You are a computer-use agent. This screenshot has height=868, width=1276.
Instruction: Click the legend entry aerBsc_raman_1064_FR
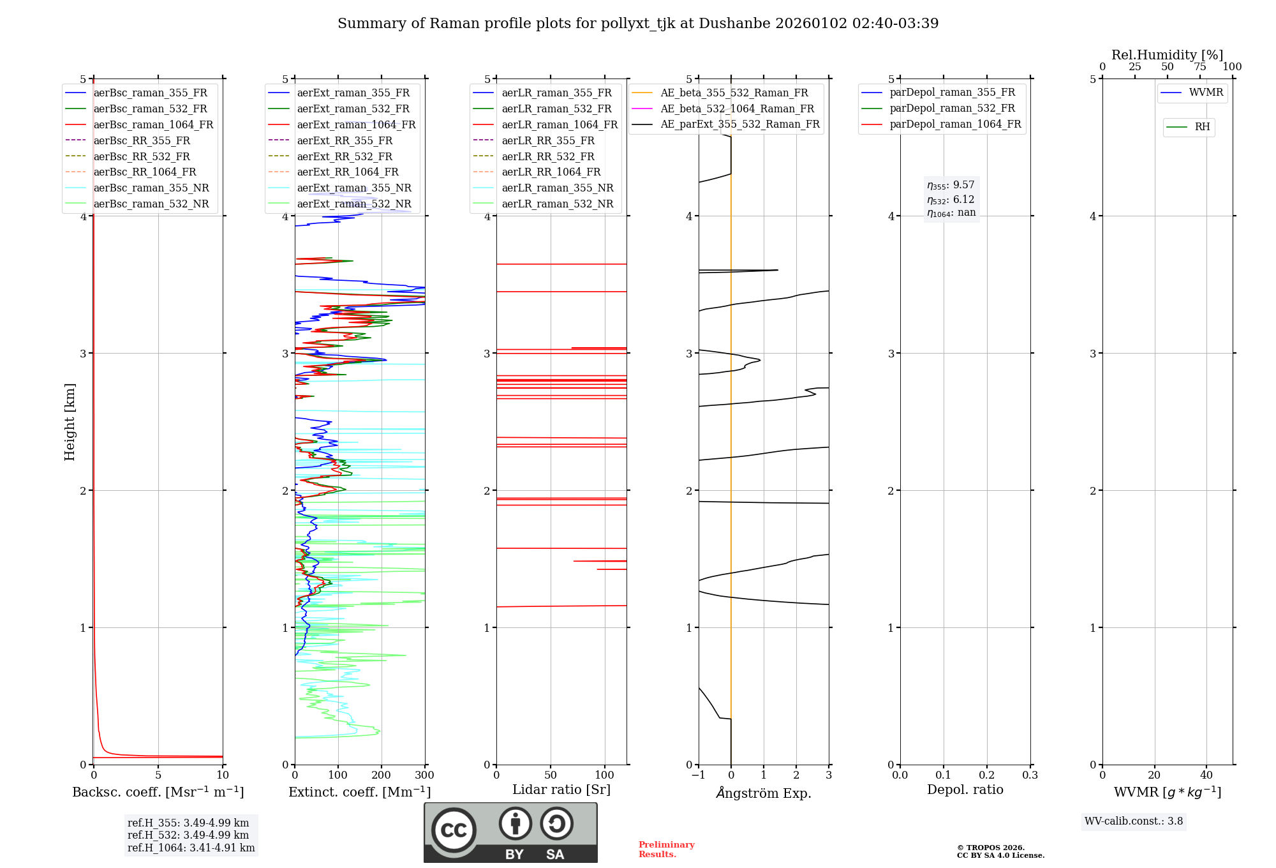click(x=153, y=124)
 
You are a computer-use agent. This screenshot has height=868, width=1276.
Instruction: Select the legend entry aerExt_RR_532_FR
click(x=345, y=156)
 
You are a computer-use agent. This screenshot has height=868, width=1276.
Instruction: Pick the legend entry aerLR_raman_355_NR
click(x=557, y=188)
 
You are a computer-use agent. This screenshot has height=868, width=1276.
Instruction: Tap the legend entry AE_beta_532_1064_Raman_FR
click(x=737, y=108)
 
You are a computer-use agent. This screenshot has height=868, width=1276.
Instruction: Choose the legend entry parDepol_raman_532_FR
click(x=952, y=108)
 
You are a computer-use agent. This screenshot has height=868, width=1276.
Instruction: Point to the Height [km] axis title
click(x=70, y=422)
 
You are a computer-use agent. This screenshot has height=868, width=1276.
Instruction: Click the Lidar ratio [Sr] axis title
click(x=561, y=789)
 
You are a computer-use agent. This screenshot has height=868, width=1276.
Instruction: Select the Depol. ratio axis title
click(x=965, y=789)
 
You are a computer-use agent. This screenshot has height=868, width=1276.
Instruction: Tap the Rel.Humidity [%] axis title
click(x=1167, y=55)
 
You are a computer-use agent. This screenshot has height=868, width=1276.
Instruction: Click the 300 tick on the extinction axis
click(x=424, y=775)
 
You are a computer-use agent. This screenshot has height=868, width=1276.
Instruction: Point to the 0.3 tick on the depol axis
click(x=1030, y=775)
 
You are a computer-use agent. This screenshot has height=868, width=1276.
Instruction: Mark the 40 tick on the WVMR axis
click(x=1206, y=775)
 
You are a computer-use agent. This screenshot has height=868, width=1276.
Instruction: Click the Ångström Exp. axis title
click(x=764, y=793)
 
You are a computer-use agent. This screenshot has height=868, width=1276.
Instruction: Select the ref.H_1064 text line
click(x=191, y=848)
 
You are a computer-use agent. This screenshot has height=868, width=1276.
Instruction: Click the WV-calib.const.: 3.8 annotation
click(x=1133, y=821)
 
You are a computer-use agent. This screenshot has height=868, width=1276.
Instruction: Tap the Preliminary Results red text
click(x=666, y=849)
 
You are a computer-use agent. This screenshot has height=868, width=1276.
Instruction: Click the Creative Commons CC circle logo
click(x=454, y=830)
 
